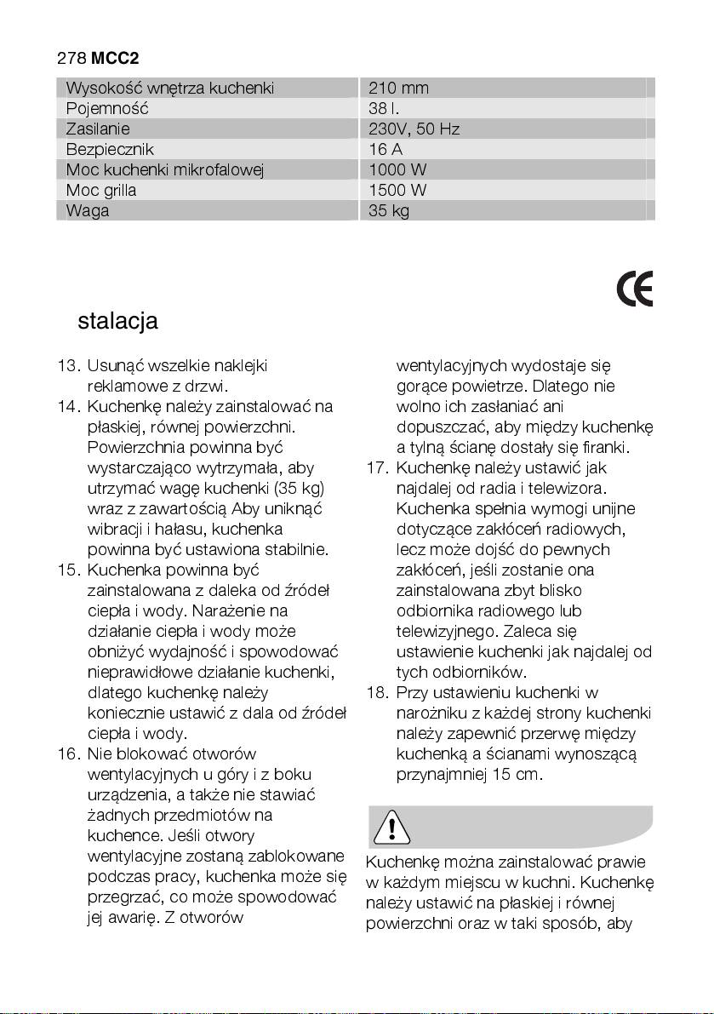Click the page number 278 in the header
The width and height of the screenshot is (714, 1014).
pyautogui.click(x=71, y=59)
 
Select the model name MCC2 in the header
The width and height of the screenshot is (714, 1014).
pyautogui.click(x=115, y=59)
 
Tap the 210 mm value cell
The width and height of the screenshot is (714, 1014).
pyautogui.click(x=398, y=89)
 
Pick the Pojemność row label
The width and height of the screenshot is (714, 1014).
pyautogui.click(x=107, y=109)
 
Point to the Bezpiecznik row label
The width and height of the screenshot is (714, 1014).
pyautogui.click(x=110, y=150)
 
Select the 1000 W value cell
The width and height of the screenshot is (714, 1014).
pyautogui.click(x=397, y=170)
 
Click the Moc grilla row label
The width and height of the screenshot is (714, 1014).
pyautogui.click(x=101, y=191)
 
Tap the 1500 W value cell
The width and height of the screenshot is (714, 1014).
pyautogui.click(x=397, y=191)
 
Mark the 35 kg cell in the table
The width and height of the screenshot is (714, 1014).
pyautogui.click(x=389, y=211)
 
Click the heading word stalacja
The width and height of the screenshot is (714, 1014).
pyautogui.click(x=117, y=322)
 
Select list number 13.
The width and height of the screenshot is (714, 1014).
pyautogui.click(x=68, y=366)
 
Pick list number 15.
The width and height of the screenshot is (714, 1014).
pyautogui.click(x=68, y=570)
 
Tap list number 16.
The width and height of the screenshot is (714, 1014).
pyautogui.click(x=68, y=754)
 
